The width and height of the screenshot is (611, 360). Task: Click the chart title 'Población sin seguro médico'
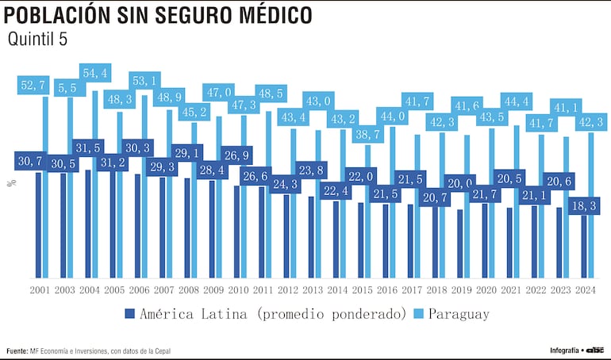point(159,15)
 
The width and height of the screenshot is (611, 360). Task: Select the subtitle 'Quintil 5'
point(37,40)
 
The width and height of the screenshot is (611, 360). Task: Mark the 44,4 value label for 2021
point(516,101)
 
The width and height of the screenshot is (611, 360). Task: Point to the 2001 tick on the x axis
point(40,290)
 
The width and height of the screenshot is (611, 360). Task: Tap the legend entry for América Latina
point(266,314)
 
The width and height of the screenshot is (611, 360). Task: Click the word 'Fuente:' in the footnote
point(17,350)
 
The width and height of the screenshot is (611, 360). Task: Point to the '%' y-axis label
point(10,183)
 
